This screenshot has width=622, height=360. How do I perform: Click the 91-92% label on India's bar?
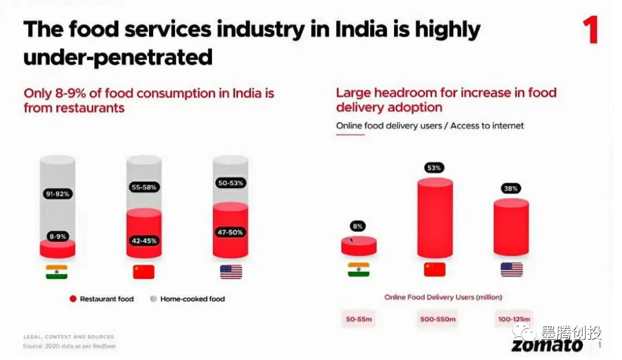(58, 193)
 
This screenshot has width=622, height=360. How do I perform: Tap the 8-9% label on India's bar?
(58, 236)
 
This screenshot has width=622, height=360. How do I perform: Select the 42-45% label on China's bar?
(144, 241)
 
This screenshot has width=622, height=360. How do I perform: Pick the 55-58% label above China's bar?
(144, 187)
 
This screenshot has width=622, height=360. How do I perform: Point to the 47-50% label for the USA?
(230, 232)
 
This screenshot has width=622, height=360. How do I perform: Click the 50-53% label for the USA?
(230, 183)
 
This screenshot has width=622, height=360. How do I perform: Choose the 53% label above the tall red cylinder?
(434, 168)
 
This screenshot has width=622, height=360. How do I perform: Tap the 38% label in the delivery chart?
(511, 189)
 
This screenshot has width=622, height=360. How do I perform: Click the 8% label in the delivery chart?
(357, 226)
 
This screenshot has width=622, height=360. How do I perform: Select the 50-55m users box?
(358, 320)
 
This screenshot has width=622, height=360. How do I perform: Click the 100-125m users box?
(513, 320)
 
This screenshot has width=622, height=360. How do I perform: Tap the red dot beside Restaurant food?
(73, 299)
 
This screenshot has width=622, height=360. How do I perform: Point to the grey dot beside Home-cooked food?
(154, 299)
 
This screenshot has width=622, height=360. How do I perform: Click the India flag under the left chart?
(56, 272)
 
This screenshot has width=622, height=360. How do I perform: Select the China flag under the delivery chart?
(434, 269)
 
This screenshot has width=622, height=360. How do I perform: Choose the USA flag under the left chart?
(231, 272)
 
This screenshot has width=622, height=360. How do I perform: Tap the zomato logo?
(547, 345)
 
